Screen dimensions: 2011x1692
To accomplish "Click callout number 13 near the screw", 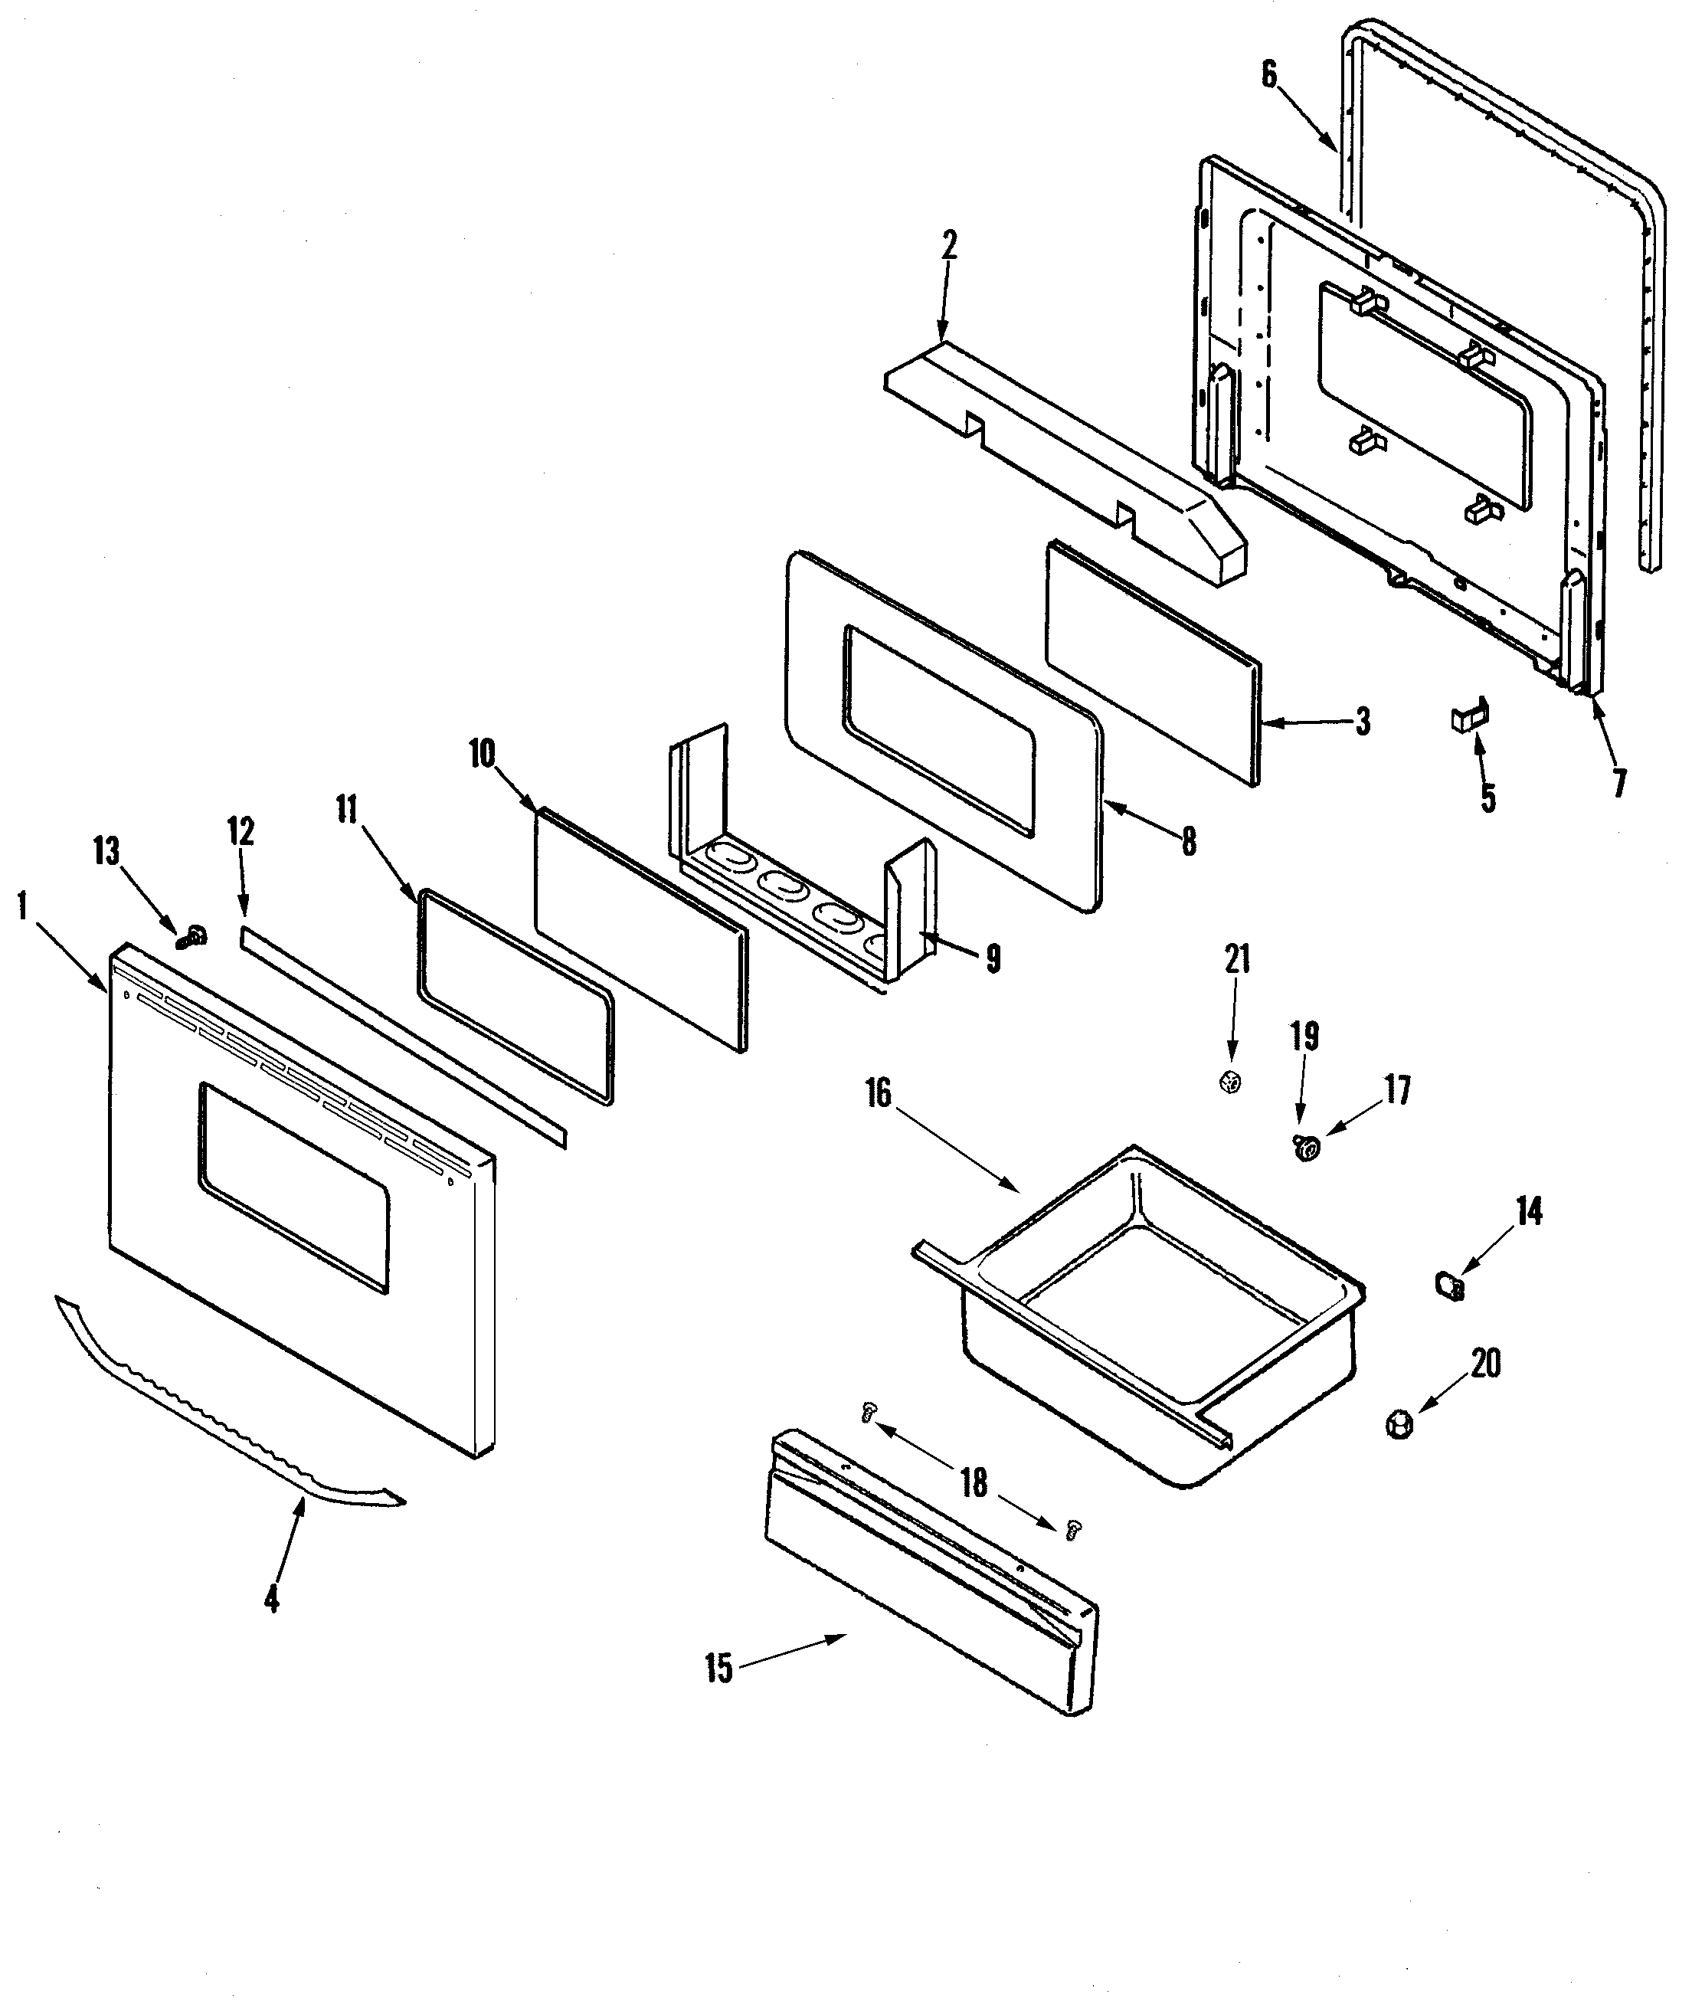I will point(106,850).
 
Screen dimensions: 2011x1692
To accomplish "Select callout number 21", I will point(1237,959).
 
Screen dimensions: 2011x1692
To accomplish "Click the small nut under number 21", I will point(1232,1082).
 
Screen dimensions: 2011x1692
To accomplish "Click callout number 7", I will point(1619,783).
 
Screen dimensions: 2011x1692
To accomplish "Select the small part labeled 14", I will point(1450,1286).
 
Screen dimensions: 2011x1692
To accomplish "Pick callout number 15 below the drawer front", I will point(718,1669).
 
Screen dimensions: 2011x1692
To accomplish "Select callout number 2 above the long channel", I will point(948,247).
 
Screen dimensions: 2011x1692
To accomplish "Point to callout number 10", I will point(482,754).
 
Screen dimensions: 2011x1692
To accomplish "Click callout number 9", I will point(993,958).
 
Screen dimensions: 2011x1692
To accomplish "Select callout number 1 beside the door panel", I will point(21,906).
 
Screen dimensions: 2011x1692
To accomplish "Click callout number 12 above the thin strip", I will point(241,831).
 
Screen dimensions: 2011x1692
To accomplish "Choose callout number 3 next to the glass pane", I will point(1362,722).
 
